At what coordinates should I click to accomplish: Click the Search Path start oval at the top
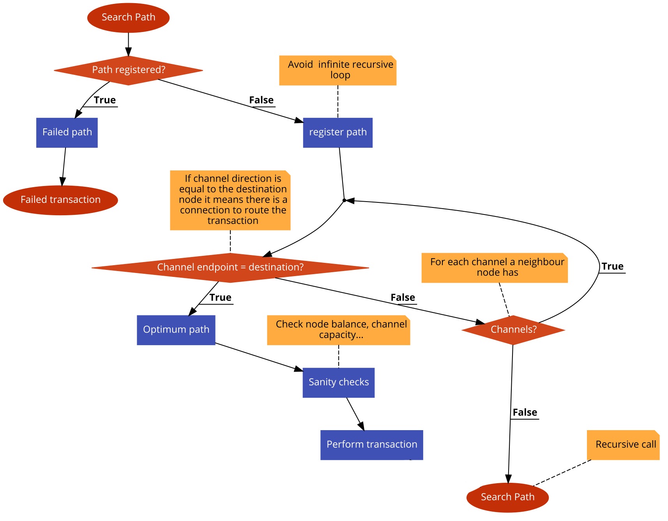click(x=128, y=18)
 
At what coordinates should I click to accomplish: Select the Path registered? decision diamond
click(x=128, y=70)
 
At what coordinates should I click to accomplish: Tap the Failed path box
click(x=67, y=133)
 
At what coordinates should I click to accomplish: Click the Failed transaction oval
click(x=60, y=200)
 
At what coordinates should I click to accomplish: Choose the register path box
click(x=338, y=133)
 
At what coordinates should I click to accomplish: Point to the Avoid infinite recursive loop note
click(x=338, y=70)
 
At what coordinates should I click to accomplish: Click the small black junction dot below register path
click(x=344, y=200)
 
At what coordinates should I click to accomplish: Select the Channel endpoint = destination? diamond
click(x=230, y=268)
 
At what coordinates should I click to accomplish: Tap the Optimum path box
click(x=176, y=330)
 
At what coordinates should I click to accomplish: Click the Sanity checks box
click(x=338, y=383)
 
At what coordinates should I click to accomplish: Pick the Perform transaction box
click(x=371, y=445)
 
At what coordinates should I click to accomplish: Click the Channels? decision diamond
click(x=513, y=330)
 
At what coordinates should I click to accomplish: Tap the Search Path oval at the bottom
click(x=507, y=497)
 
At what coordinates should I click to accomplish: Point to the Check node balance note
click(x=338, y=330)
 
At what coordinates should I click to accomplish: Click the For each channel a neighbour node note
click(x=494, y=268)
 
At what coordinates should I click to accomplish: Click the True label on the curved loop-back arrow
click(x=612, y=267)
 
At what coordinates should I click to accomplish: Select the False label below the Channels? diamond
click(x=525, y=413)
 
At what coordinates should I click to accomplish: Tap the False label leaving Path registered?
click(x=261, y=101)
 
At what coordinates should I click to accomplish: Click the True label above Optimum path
click(x=220, y=298)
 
